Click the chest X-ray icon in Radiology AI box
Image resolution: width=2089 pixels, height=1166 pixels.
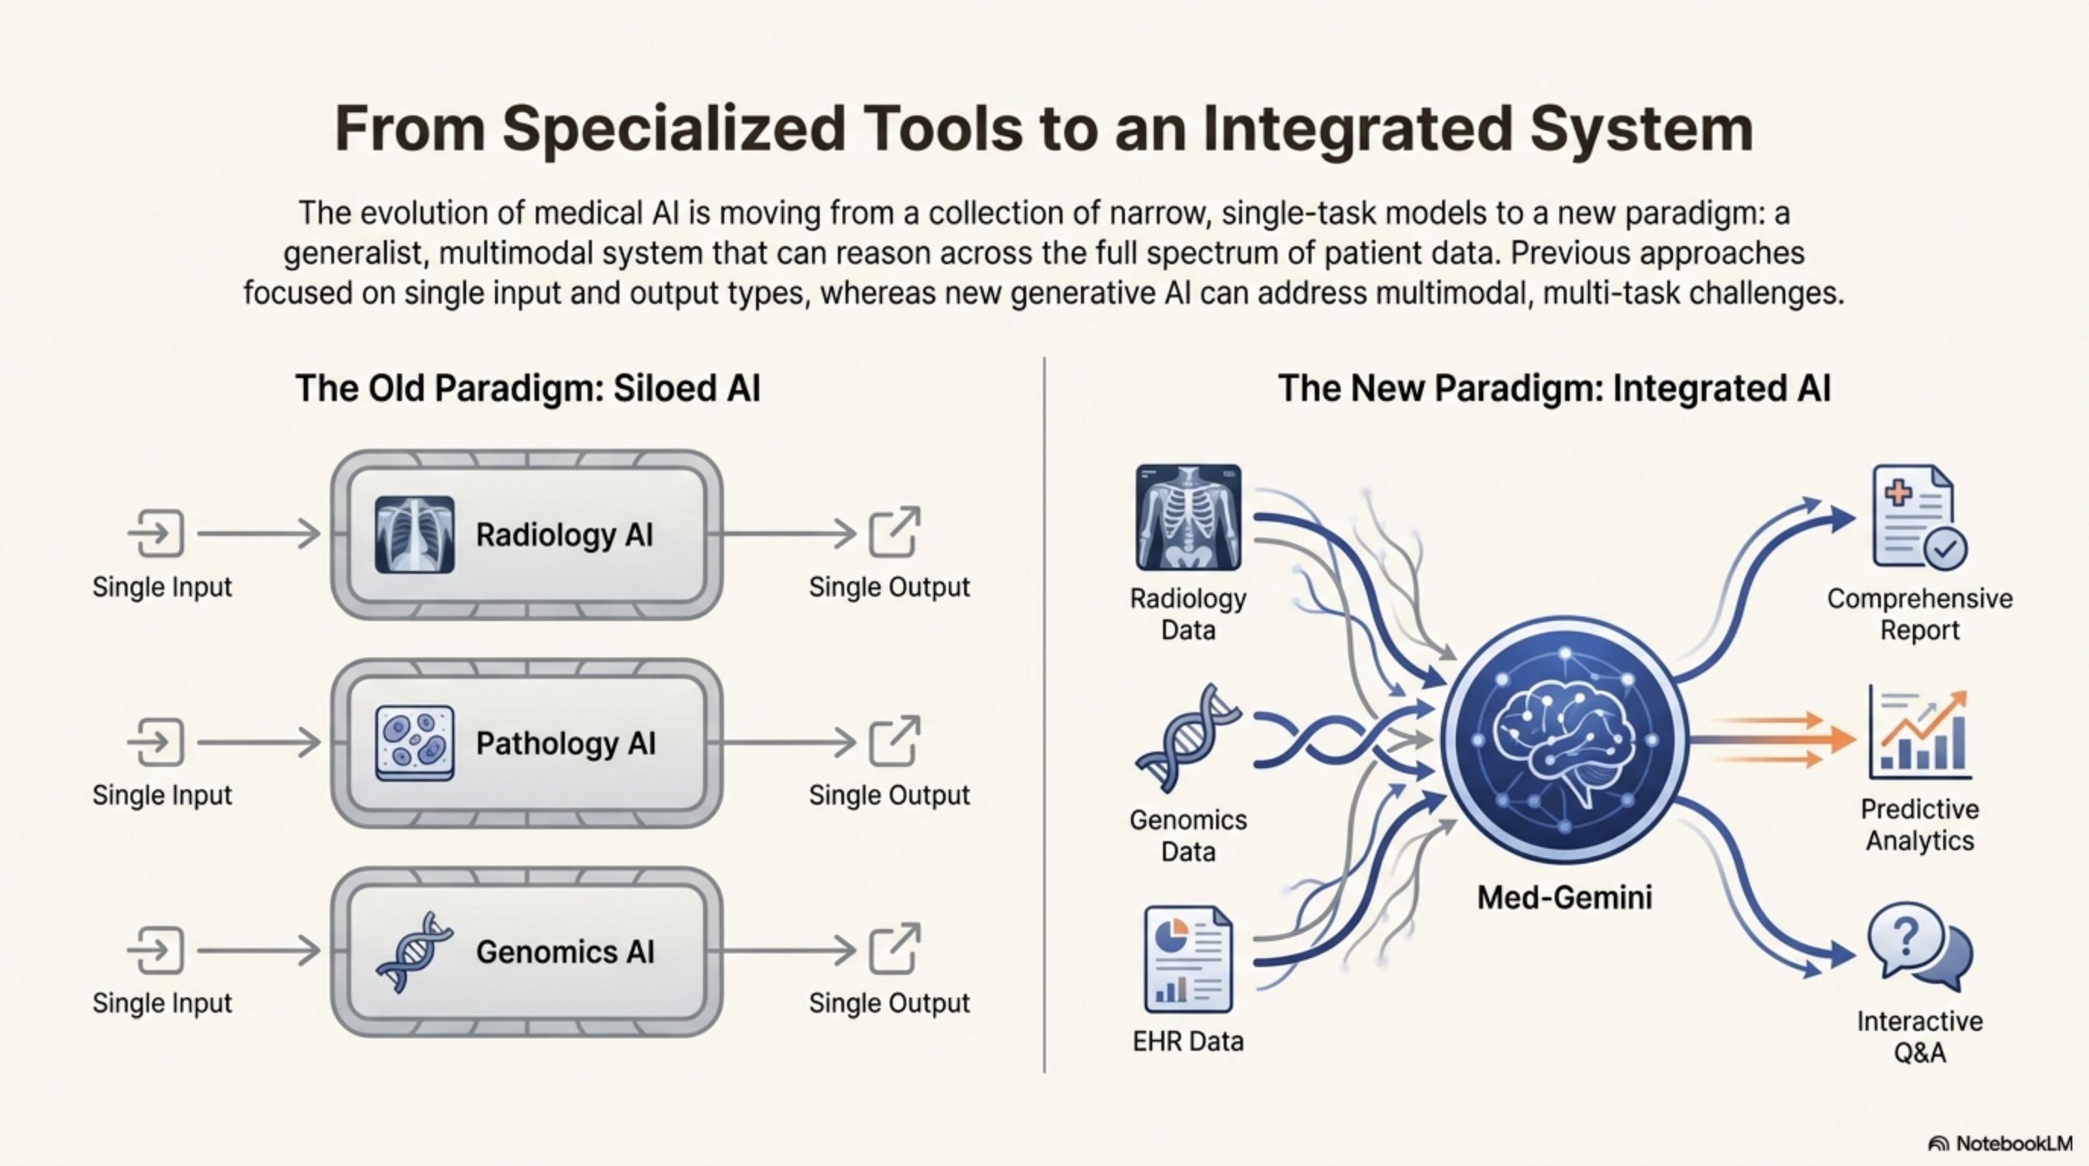pyautogui.click(x=414, y=534)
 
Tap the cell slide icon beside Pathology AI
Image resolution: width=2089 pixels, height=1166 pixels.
pyautogui.click(x=414, y=742)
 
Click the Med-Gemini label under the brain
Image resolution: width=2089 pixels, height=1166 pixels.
pyautogui.click(x=1564, y=897)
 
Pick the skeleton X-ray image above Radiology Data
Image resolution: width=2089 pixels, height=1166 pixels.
pyautogui.click(x=1188, y=516)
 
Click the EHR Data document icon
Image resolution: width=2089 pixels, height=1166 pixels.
pyautogui.click(x=1188, y=960)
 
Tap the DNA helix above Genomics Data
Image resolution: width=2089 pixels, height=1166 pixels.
pyautogui.click(x=1188, y=738)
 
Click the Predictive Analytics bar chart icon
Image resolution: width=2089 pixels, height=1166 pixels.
pyautogui.click(x=1920, y=734)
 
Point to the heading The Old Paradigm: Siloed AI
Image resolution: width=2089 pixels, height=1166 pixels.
pyautogui.click(x=528, y=389)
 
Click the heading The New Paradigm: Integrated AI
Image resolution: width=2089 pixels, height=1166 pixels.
pyautogui.click(x=1554, y=389)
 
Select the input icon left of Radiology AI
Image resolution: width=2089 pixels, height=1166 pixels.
pyautogui.click(x=156, y=534)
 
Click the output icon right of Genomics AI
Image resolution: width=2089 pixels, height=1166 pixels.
pyautogui.click(x=893, y=949)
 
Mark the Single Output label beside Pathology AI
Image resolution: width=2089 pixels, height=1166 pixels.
pyautogui.click(x=889, y=796)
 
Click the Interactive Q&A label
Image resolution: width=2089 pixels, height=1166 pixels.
pyautogui.click(x=1920, y=1036)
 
